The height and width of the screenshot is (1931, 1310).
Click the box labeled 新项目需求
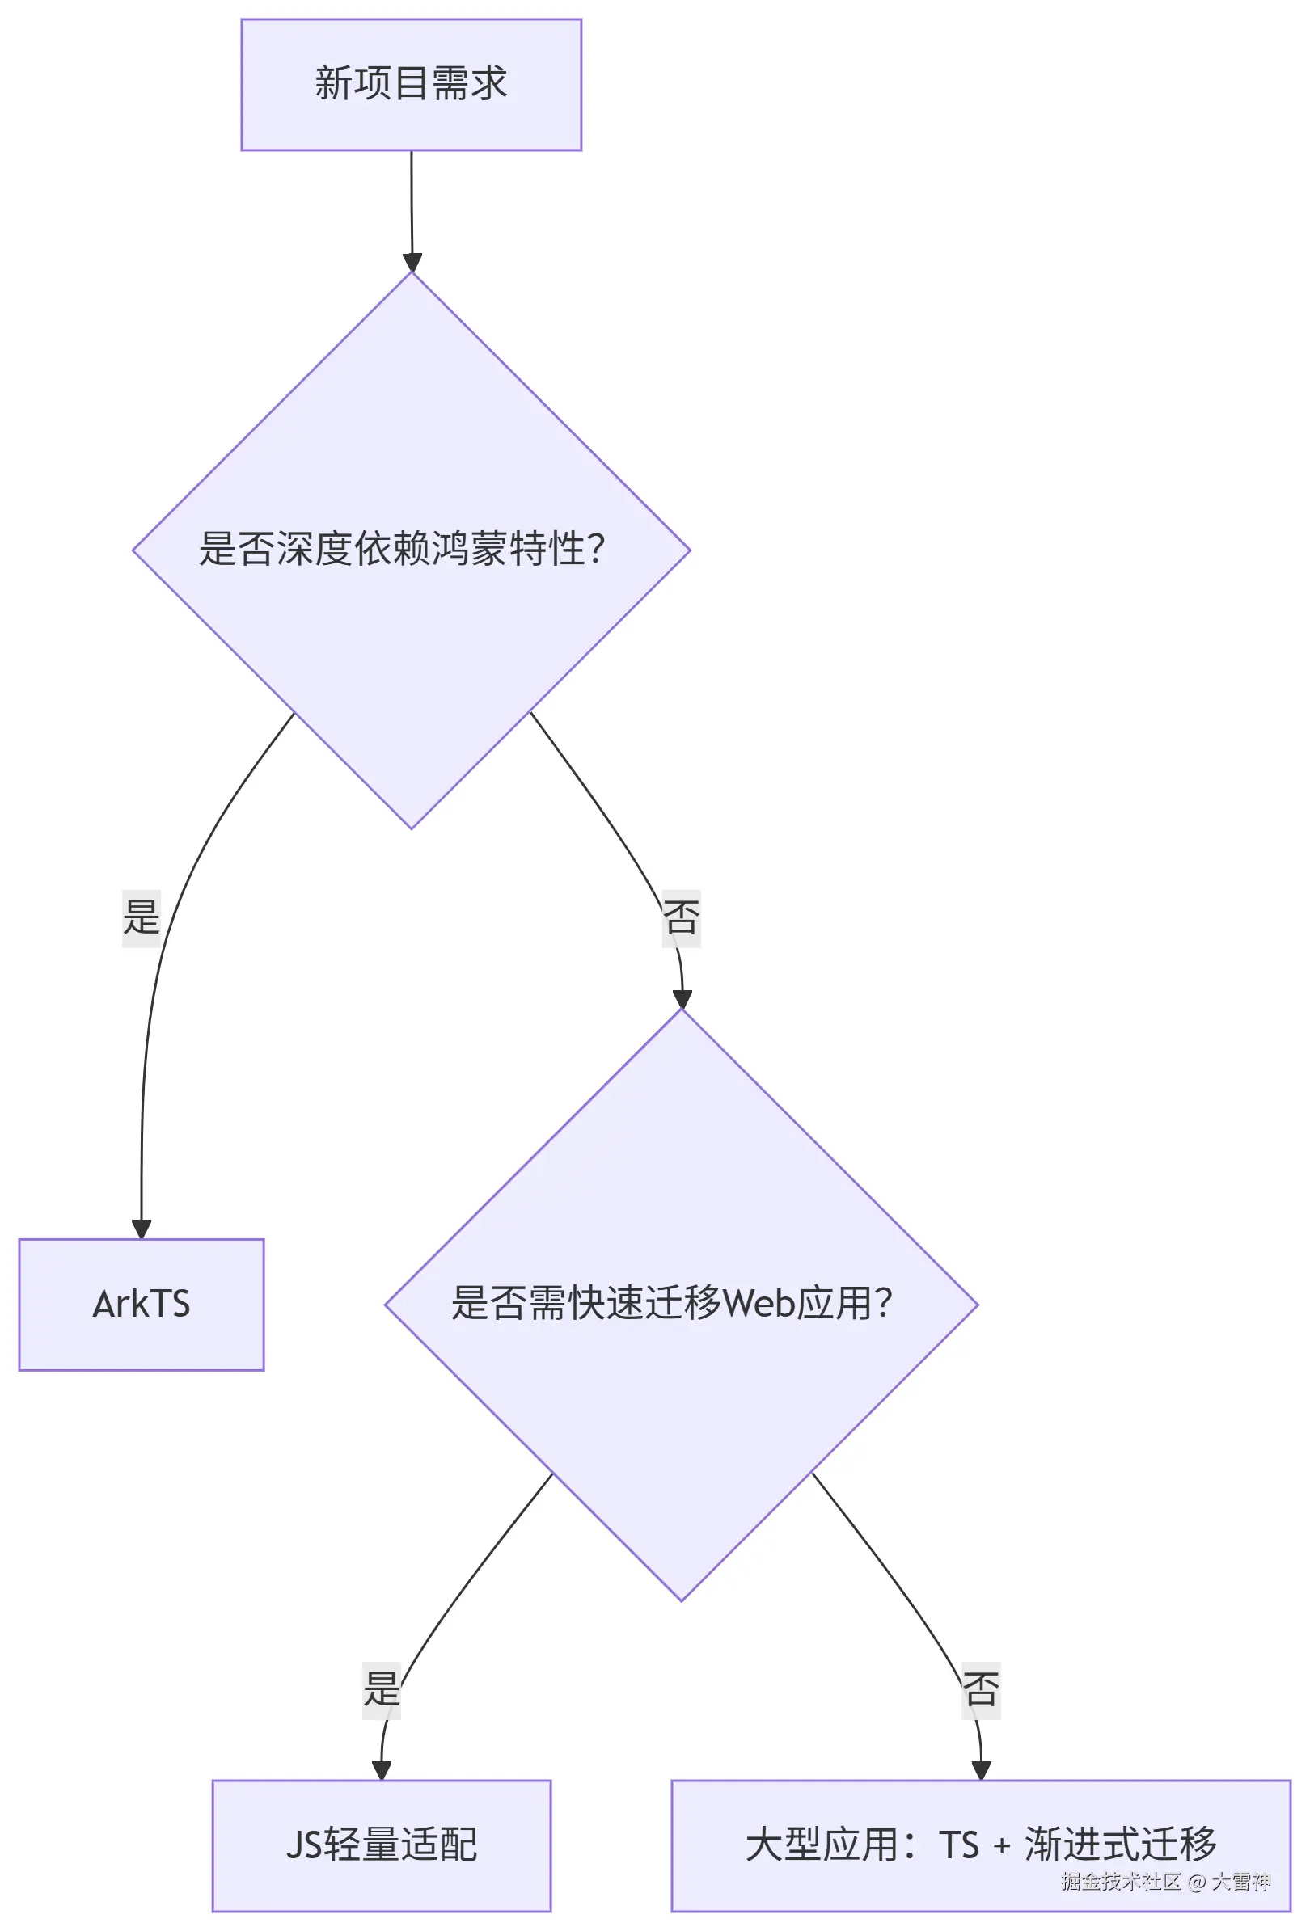(x=411, y=84)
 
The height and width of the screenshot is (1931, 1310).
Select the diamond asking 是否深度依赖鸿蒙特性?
(x=411, y=549)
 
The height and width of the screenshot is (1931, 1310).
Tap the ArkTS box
(x=142, y=1304)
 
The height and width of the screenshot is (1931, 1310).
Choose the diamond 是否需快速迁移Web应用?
(x=681, y=1304)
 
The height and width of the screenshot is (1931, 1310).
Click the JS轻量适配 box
(x=382, y=1845)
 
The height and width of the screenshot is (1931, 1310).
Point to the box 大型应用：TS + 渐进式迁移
(x=980, y=1845)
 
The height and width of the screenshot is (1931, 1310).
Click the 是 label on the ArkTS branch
(x=142, y=918)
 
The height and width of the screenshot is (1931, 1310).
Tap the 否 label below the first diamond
(x=681, y=918)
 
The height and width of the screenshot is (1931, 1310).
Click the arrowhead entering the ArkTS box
(x=142, y=1229)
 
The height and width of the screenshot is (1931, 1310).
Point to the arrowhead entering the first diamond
(x=412, y=263)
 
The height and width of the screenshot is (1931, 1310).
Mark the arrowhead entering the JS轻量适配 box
(x=382, y=1770)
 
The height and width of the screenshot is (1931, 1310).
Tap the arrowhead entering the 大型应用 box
(x=981, y=1770)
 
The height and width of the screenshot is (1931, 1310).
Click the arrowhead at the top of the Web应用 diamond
(x=682, y=999)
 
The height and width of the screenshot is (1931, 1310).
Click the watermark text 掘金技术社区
(x=1120, y=1881)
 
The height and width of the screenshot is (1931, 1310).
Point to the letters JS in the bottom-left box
(x=303, y=1845)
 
